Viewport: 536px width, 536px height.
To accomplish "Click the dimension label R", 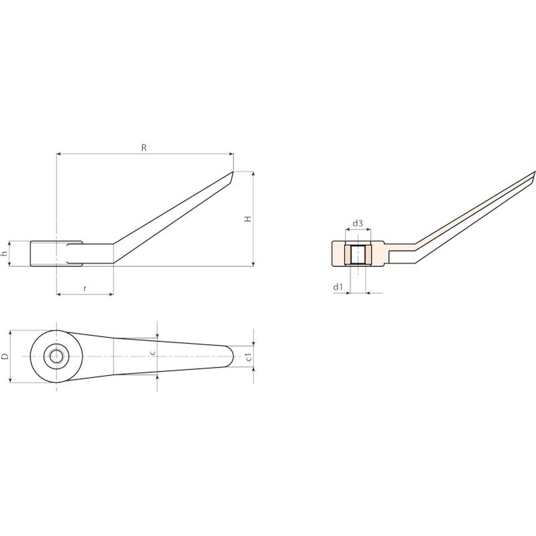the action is tap(144, 148).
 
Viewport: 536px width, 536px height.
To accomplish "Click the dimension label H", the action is tap(248, 219).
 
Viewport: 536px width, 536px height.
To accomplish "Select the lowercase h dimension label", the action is tap(4, 254).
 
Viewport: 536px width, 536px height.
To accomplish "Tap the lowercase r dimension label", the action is tap(85, 288).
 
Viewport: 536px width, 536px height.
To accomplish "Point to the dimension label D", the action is tap(5, 356).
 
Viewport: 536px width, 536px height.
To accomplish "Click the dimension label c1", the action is tap(248, 357).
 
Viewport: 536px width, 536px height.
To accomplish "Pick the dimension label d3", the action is tap(358, 223).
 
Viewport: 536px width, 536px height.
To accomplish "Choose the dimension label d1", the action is tap(338, 287).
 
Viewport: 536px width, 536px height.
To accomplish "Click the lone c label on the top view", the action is tap(153, 353).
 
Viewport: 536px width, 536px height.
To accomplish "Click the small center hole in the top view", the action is tap(56, 356).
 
